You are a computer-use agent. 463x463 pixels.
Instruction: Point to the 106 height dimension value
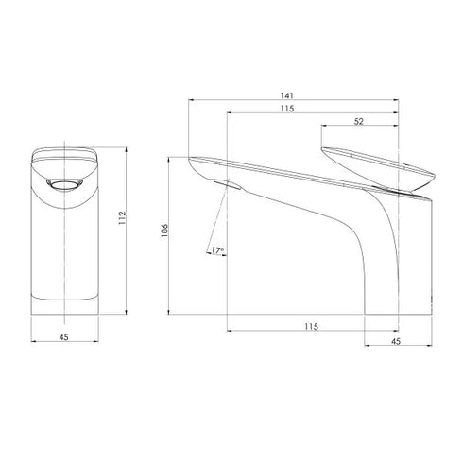click(165, 232)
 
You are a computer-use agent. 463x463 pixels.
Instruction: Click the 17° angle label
click(217, 250)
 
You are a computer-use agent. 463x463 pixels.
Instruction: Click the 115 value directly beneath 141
click(286, 110)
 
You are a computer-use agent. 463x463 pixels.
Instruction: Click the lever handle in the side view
click(376, 170)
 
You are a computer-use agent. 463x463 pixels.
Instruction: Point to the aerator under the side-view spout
click(221, 182)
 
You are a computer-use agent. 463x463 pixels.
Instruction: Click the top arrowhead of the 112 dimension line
click(124, 148)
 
